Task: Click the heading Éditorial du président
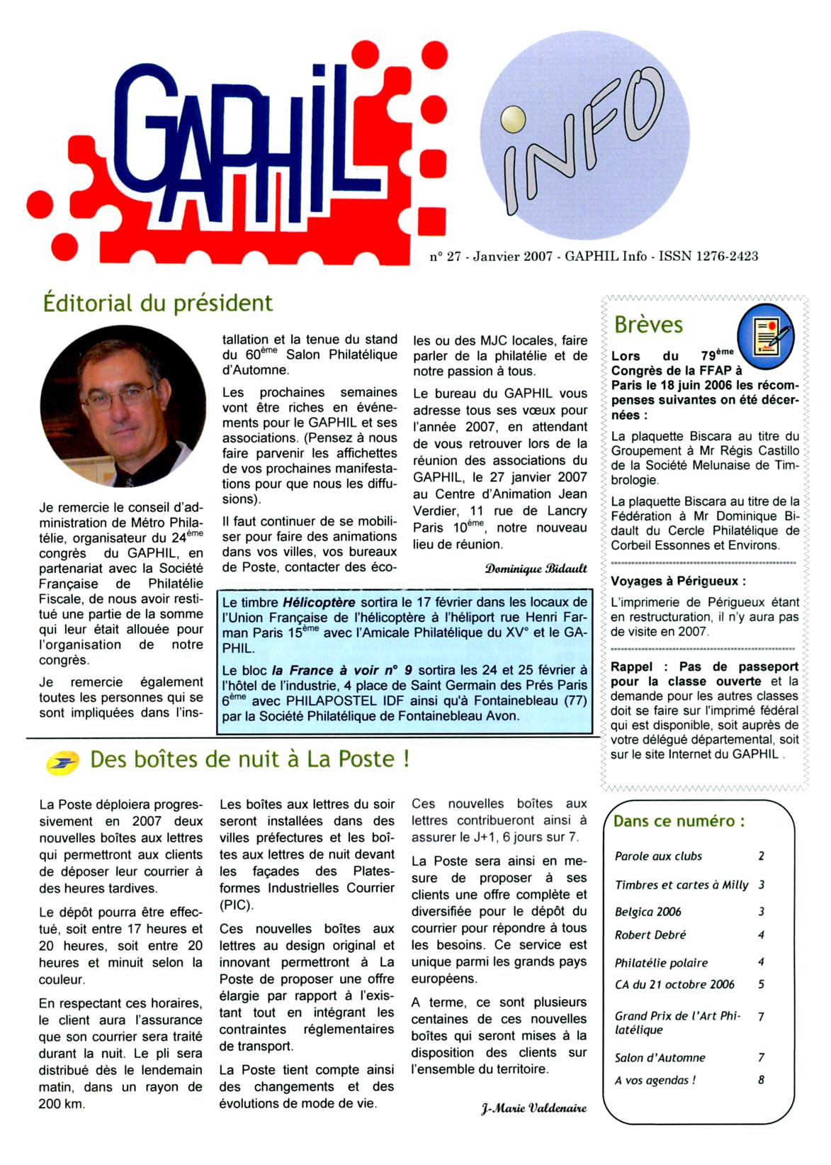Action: click(157, 303)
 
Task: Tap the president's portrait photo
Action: click(123, 406)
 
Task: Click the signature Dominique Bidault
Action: click(536, 569)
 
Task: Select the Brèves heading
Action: click(648, 325)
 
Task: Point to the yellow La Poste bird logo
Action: click(62, 763)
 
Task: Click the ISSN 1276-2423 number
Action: click(708, 256)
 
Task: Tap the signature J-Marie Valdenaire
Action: click(533, 1107)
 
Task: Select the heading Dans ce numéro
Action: click(679, 821)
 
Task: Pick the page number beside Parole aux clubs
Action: click(761, 856)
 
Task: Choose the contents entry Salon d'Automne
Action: click(660, 1057)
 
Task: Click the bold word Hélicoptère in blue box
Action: click(319, 603)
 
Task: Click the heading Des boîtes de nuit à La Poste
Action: click(249, 759)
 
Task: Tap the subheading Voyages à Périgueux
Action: click(678, 581)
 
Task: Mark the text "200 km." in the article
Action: click(62, 1104)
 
